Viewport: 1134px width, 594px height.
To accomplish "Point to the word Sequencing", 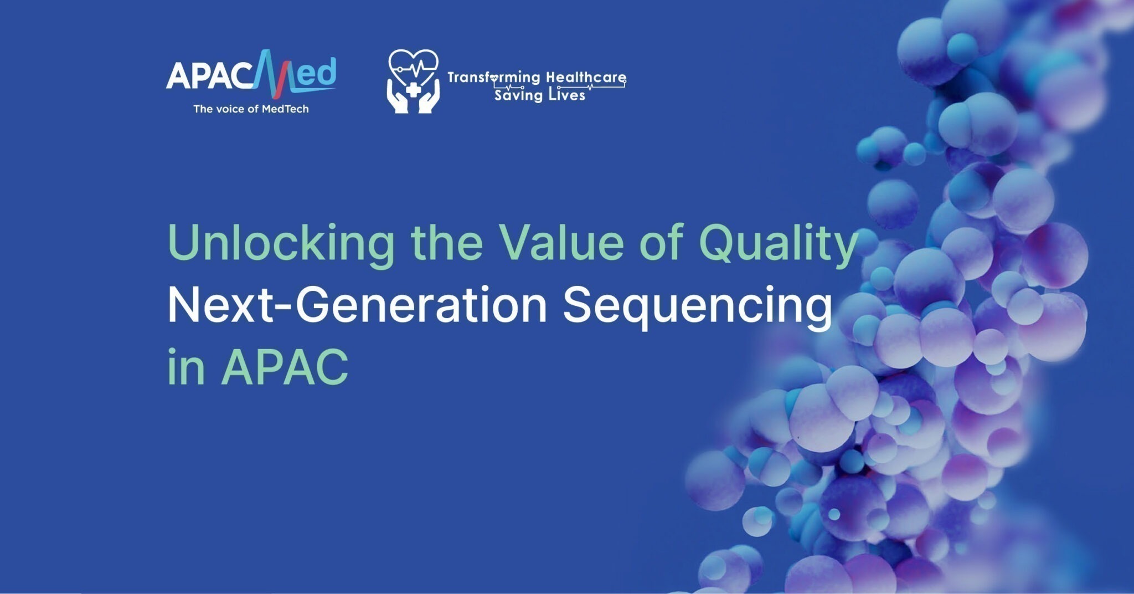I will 698,306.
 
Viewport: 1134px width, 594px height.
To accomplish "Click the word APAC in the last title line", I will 285,367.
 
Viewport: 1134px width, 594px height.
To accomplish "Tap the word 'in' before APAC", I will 186,367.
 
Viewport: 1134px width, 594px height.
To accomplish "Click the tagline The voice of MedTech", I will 251,109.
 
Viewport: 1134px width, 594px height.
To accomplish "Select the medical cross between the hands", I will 413,89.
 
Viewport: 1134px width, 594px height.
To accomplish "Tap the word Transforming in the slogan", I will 486,78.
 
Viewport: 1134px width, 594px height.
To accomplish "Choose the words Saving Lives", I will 540,95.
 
